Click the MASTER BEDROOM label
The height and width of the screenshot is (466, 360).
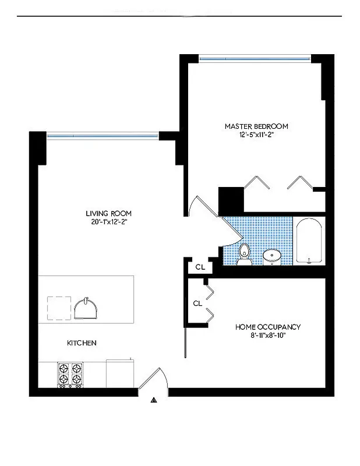pos(256,126)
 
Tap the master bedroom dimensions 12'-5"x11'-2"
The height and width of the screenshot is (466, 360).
pos(256,135)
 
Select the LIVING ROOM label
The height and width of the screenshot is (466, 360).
pos(106,213)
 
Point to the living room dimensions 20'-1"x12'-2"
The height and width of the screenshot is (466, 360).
pos(106,221)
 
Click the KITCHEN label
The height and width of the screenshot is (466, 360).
pos(82,343)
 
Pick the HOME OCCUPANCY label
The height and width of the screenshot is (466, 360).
pos(267,327)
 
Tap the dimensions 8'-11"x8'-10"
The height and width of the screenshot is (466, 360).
pos(267,336)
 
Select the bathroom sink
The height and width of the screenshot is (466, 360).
pos(272,256)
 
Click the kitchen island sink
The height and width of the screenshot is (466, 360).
pos(87,308)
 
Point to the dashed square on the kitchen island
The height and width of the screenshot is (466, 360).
pos(59,308)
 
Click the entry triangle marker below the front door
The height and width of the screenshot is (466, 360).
pos(154,400)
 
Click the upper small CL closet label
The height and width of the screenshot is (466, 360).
pos(200,267)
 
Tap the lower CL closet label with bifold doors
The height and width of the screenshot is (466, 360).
pos(197,303)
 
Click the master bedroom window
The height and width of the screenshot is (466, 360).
pos(255,58)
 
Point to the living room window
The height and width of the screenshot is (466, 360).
pos(103,136)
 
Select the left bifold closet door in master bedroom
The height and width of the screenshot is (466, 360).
pos(256,183)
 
